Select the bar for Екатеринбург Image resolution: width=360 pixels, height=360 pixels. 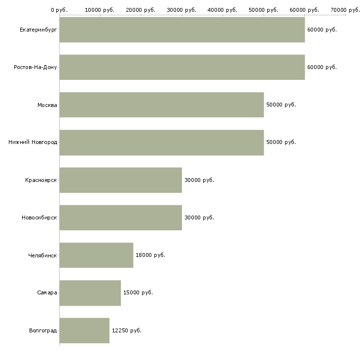pos(182,30)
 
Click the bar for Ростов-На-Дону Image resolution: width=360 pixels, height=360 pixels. pos(182,67)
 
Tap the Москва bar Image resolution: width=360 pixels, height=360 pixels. pos(162,105)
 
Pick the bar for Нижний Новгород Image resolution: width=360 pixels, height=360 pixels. pos(162,143)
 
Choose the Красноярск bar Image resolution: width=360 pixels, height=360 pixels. pos(121,180)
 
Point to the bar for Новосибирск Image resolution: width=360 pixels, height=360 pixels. pos(121,217)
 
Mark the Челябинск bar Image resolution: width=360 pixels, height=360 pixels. pos(97,255)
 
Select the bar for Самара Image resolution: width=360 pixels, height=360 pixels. pos(90,293)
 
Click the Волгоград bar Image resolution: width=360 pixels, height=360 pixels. pos(84,330)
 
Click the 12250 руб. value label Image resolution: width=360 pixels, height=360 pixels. pos(127,330)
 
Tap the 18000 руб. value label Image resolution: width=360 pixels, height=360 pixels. pos(150,255)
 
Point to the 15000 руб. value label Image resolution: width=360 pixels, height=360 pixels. pos(138,293)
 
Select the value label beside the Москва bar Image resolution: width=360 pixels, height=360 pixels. pos(281,105)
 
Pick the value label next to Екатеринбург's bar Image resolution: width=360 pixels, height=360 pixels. pos(322,30)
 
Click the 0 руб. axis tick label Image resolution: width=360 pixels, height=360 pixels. pos(59,10)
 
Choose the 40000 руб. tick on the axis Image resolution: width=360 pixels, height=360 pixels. pos(222,10)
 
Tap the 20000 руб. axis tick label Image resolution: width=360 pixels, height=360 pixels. pos(141,10)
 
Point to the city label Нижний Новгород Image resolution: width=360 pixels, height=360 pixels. pos(33,143)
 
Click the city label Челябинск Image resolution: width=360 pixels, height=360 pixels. pos(42,255)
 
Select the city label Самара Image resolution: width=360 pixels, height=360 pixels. pos(47,293)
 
